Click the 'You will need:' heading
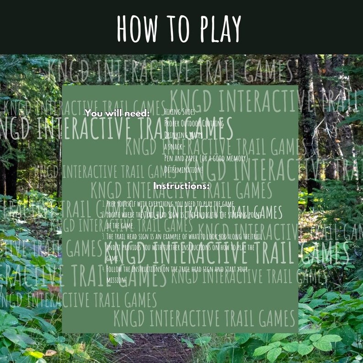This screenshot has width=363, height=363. pos(117,112)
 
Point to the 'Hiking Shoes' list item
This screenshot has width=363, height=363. pos(179,111)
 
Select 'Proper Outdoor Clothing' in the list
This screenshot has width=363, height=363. pos(194,123)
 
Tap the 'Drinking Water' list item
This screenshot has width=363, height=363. pos(183,134)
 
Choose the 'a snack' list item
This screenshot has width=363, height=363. pos(174,146)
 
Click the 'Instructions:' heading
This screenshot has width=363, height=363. pos(181,186)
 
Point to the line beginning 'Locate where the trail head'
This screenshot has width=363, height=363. pos(183,215)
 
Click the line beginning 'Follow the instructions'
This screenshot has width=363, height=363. pos(176,269)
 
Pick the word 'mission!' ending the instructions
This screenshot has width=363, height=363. pos(116,279)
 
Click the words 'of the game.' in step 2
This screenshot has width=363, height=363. pos(120,226)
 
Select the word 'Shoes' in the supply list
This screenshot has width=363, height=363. pos(187,111)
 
